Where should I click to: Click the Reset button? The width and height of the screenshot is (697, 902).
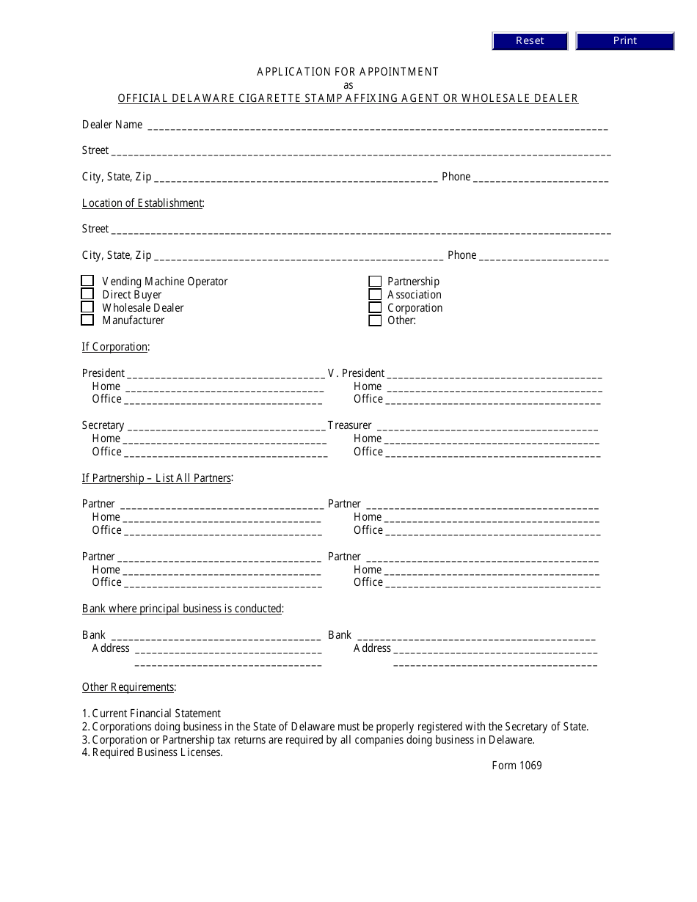click(530, 41)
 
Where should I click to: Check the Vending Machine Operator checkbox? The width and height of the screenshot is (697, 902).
click(87, 281)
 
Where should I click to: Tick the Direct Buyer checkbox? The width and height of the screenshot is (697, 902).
click(87, 294)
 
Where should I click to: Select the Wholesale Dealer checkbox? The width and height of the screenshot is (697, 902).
click(87, 307)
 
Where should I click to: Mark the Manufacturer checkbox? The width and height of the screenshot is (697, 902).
click(87, 320)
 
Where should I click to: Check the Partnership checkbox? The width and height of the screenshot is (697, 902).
click(375, 281)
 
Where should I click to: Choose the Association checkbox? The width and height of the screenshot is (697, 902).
click(375, 294)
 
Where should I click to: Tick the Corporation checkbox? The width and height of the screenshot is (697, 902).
click(375, 307)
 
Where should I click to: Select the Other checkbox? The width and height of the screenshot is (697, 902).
click(375, 320)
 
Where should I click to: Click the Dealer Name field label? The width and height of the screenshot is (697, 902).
click(112, 125)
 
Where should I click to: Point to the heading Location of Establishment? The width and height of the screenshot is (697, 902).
click(142, 203)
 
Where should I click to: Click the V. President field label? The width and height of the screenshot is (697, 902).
click(356, 373)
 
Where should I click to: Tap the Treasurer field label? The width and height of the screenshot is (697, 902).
click(349, 425)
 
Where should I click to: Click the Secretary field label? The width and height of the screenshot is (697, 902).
click(103, 425)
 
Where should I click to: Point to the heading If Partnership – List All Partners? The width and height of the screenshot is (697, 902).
click(157, 478)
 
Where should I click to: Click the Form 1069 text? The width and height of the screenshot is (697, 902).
click(517, 766)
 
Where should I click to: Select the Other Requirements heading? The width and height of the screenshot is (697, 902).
click(128, 687)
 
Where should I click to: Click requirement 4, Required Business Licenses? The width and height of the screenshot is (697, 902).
click(152, 752)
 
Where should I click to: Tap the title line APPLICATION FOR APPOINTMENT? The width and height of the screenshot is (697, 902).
click(348, 72)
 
